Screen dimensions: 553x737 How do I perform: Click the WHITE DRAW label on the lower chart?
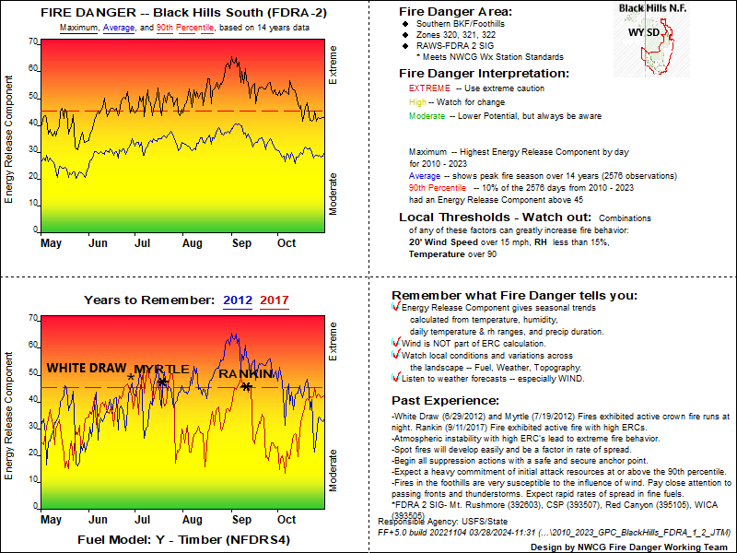87,368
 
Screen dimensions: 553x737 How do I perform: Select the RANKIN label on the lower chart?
246,374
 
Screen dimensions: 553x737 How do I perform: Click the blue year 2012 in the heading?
237,300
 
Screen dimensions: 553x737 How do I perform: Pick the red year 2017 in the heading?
275,300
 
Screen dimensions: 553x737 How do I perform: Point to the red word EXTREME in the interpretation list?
428,88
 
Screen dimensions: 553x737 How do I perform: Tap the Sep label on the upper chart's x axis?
240,243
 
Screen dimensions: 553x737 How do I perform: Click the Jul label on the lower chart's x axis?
142,521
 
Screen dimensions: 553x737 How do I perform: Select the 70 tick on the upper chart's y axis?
33,41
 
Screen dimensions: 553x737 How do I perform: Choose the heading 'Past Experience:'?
446,401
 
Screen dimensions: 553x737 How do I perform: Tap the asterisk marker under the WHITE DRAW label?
131,378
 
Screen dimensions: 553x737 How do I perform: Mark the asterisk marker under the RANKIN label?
246,386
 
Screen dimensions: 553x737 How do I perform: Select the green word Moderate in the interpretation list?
428,116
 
